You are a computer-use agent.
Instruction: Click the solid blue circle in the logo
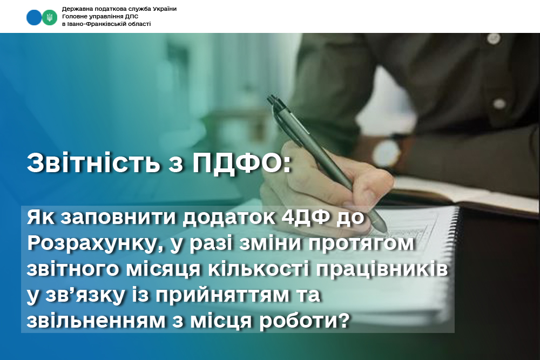33,17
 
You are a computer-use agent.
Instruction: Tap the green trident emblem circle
50,17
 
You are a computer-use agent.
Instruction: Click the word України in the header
163,9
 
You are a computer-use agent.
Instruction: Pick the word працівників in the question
382,269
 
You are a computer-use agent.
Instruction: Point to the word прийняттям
222,295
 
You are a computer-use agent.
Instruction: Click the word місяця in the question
163,269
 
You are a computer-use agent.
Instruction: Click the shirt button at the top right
494,38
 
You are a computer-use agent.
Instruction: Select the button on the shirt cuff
500,103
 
